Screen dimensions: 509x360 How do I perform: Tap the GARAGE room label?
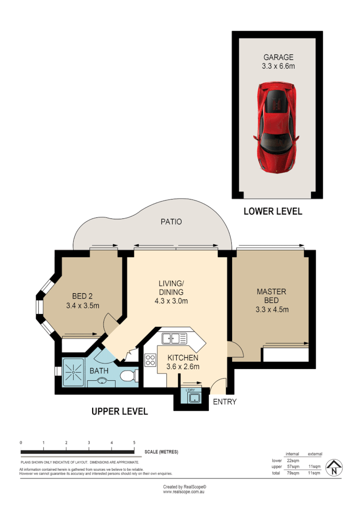pos(278,58)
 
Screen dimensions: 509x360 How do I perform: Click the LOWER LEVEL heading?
pos(272,211)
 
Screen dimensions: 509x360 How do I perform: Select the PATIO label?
pos(171,222)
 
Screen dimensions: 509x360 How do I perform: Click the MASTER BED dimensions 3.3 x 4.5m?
pos(271,309)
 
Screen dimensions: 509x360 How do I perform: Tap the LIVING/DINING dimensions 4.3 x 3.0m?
pos(171,301)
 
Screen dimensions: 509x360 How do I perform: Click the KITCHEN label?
pos(183,358)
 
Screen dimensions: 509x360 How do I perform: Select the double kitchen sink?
pos(174,338)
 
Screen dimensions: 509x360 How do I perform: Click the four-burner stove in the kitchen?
pos(151,360)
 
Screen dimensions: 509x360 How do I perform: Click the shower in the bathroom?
pos(74,373)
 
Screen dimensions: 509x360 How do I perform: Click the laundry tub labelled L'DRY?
pos(194,398)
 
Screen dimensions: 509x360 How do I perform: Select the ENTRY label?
pos(225,402)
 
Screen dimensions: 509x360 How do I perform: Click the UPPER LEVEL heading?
pos(120,411)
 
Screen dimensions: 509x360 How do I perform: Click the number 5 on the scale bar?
pos(134,442)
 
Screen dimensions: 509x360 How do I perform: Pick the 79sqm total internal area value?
pos(292,474)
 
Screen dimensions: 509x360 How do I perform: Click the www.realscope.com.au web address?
pos(184,492)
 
